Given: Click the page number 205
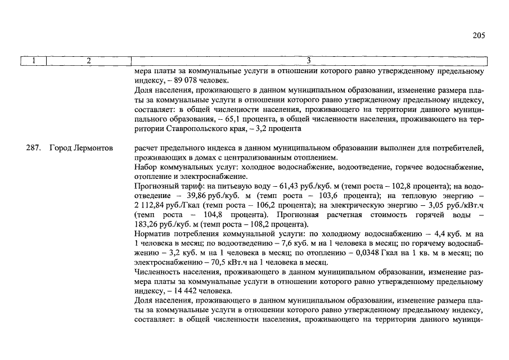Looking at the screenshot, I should click(479, 35).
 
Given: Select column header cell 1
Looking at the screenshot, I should click(33, 61).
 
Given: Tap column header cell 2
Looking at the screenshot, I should click(88, 61).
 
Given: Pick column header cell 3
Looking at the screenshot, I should click(309, 61).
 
